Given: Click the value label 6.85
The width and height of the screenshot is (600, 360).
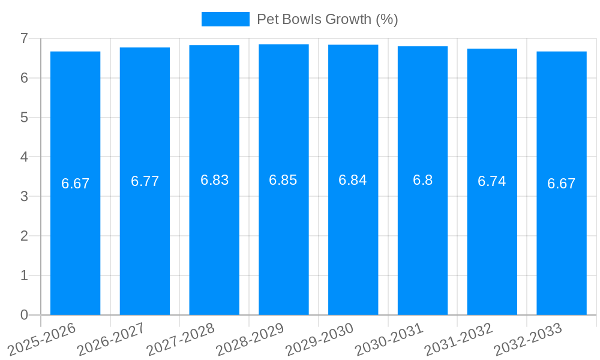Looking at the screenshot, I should point(283,180).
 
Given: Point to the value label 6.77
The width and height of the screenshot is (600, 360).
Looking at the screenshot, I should point(145,181).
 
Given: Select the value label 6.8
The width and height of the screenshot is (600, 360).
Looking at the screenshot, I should point(422,180).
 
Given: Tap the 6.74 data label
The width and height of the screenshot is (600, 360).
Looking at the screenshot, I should point(492,181).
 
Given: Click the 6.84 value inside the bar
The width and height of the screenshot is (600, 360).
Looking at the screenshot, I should point(353,180).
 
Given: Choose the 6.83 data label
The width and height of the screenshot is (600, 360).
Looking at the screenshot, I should point(214,180).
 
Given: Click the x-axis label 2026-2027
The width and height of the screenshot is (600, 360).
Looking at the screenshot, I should point(111,338).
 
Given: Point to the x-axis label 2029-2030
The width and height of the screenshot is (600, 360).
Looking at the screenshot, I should point(319,338).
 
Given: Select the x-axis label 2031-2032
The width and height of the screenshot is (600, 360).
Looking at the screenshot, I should point(458,338).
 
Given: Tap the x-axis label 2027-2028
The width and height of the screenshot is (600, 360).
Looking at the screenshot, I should point(181,338).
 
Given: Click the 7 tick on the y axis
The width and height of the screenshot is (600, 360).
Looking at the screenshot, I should point(24,38).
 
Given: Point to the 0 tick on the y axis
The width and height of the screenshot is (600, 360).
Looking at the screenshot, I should point(24,315).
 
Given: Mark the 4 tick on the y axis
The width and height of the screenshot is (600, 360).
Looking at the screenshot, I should point(24,157).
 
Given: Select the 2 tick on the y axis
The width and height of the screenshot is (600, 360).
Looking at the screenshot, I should point(24,236).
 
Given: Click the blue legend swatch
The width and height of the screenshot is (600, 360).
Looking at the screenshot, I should point(225,19).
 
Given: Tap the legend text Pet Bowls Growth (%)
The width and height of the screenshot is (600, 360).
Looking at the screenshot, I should point(327,19).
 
